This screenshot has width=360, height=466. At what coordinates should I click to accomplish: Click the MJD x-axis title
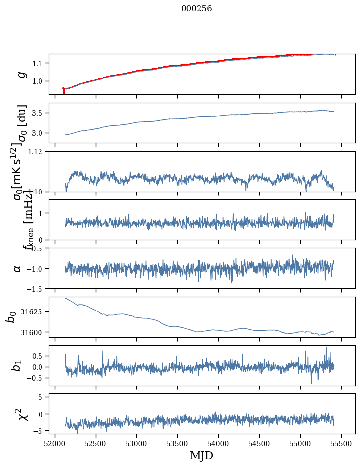201,455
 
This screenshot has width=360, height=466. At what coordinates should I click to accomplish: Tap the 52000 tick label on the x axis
55,443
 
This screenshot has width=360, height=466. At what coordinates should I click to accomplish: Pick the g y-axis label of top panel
21,74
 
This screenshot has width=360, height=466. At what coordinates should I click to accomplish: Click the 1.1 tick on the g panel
40,63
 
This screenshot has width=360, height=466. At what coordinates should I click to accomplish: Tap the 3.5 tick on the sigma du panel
40,113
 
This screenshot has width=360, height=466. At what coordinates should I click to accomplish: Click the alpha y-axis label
18,268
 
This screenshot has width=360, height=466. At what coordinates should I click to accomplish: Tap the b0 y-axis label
11,317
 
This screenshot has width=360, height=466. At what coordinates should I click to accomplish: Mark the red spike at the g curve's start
64,91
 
